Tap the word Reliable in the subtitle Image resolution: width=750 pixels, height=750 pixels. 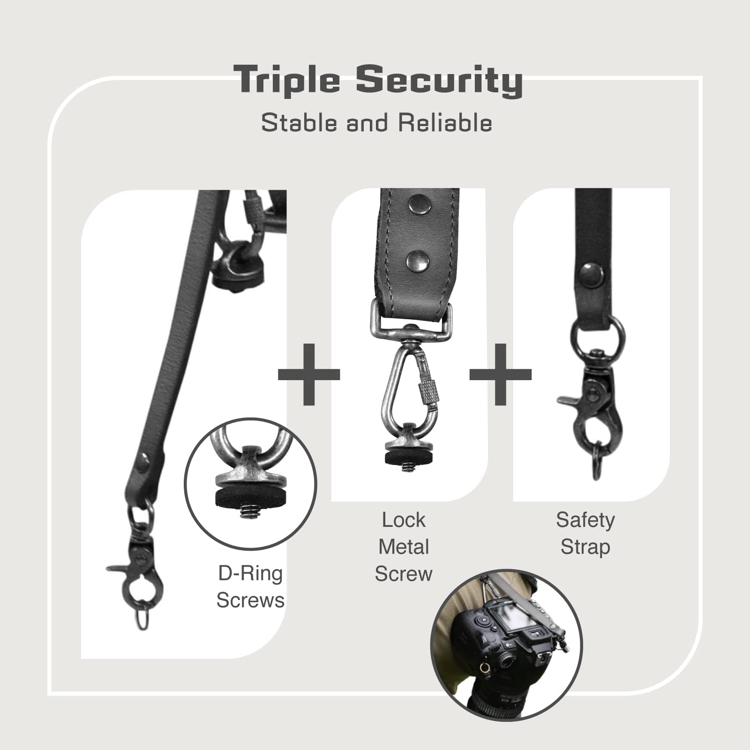[x=445, y=123]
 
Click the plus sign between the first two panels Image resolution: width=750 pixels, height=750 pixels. [x=309, y=374]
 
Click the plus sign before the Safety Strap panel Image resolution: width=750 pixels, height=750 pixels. [x=501, y=374]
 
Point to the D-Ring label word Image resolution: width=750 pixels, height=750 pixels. [x=250, y=574]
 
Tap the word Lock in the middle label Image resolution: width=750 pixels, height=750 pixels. [x=404, y=520]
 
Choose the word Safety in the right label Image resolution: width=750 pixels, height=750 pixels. [x=585, y=520]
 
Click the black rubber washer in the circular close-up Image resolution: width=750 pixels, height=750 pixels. [x=251, y=496]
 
